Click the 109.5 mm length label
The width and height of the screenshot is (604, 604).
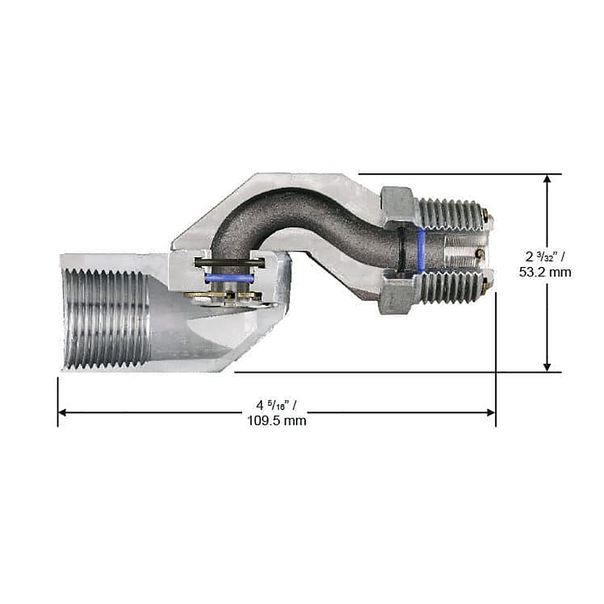pos(277,420)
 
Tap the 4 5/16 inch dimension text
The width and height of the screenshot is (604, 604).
pos(277,405)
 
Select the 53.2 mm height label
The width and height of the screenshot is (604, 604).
pos(545,272)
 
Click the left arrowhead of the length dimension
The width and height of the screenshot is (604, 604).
pos(62,413)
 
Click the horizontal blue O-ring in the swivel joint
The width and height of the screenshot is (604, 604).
pos(229,278)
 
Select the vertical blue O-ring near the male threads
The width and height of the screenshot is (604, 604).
pos(422,249)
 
